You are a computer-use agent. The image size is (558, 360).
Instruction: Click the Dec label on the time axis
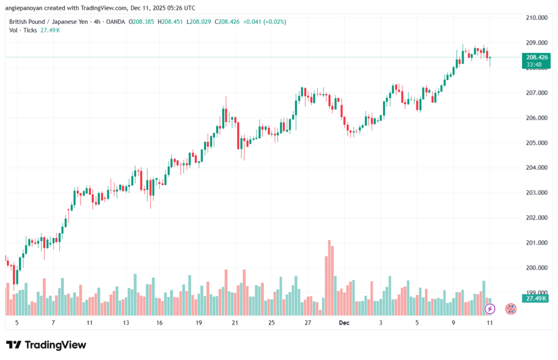pyautogui.click(x=344, y=322)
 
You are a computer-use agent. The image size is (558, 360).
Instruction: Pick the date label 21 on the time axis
pyautogui.click(x=235, y=322)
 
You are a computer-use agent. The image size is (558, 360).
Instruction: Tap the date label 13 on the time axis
pyautogui.click(x=126, y=322)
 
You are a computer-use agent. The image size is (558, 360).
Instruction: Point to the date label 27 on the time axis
pyautogui.click(x=308, y=322)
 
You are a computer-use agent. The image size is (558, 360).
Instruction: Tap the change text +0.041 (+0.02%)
pyautogui.click(x=264, y=22)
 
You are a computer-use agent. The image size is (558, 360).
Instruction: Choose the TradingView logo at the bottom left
pyautogui.click(x=46, y=345)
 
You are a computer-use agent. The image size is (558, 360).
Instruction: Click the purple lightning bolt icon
pyautogui.click(x=490, y=309)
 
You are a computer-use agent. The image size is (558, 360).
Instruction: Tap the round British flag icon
pyautogui.click(x=511, y=309)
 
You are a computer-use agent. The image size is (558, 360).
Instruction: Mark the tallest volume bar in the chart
pyautogui.click(x=329, y=277)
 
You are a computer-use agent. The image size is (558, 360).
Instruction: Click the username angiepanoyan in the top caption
pyautogui.click(x=27, y=8)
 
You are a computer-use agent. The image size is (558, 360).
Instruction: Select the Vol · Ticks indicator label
pyautogui.click(x=23, y=30)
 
